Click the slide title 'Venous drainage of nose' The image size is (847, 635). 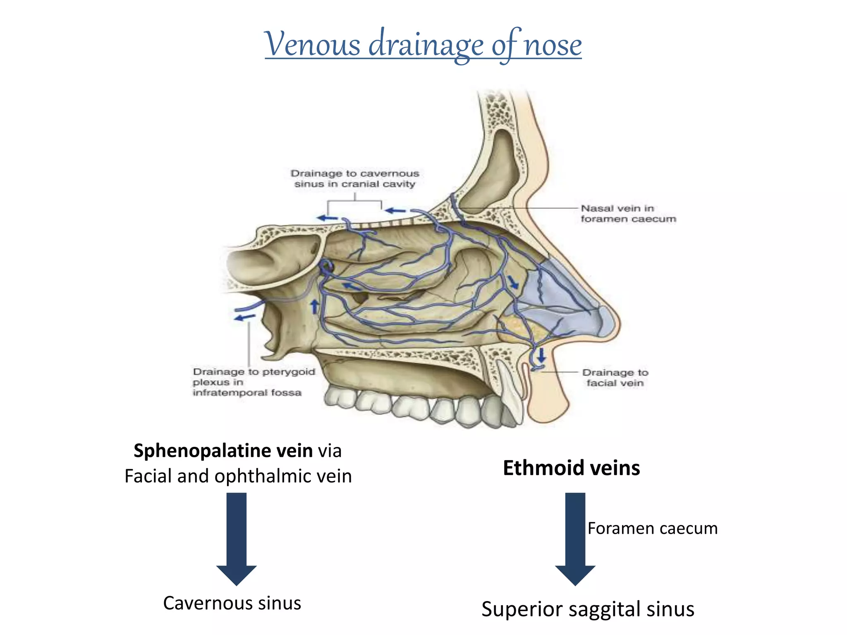click(423, 45)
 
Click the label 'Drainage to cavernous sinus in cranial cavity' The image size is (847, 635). click(355, 179)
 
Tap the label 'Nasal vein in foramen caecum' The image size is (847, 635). click(628, 213)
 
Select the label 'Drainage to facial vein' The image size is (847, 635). click(615, 378)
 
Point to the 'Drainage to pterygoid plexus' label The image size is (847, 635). click(254, 382)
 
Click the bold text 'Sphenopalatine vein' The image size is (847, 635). click(223, 450)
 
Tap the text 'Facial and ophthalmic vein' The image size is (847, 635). click(238, 476)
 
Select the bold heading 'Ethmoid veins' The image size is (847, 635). click(572, 468)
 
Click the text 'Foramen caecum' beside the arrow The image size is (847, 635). click(653, 528)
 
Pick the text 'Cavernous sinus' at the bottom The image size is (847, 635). click(232, 603)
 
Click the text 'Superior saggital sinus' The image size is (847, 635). click(588, 609)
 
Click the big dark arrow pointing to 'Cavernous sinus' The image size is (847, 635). click(237, 539)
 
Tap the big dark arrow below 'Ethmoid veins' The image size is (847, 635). click(575, 539)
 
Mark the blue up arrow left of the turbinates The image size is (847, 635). click(315, 307)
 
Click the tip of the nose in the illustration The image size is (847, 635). click(616, 320)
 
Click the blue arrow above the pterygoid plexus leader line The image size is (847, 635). click(244, 317)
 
